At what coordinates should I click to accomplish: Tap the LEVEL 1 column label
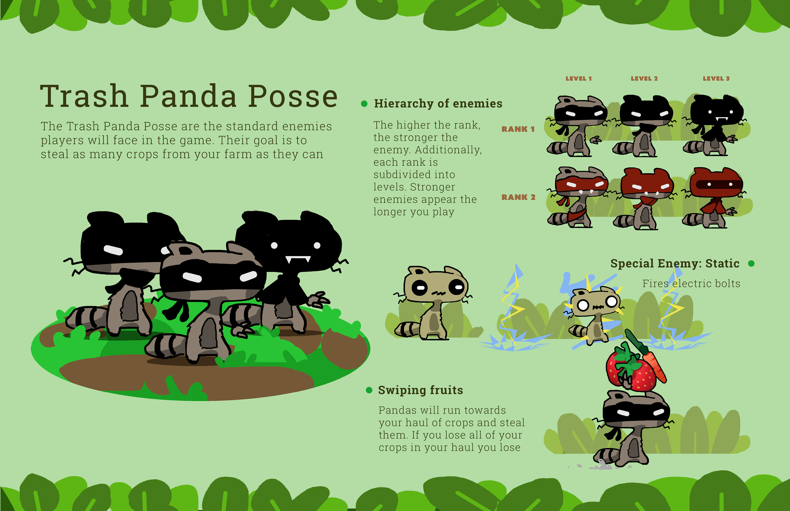(579, 79)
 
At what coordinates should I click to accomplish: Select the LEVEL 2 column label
(644, 79)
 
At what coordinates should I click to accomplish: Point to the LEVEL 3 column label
(716, 79)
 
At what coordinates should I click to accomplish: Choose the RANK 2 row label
(518, 197)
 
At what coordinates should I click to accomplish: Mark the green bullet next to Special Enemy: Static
(751, 263)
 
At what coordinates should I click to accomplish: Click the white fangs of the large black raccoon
(298, 259)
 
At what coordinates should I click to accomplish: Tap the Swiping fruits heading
(420, 390)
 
